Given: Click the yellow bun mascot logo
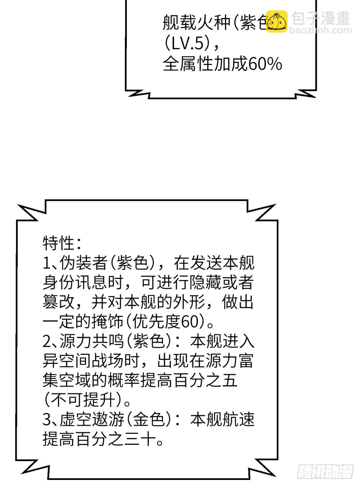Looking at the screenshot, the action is click(277, 21).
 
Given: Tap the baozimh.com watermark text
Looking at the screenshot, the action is click(320, 30).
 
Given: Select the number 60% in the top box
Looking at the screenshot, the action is click(265, 64).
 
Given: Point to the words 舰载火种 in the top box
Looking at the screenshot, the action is click(196, 22).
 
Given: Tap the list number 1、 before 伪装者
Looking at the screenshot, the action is click(51, 263).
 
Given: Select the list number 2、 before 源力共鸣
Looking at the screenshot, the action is click(51, 342).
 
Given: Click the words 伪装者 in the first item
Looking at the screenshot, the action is click(83, 263).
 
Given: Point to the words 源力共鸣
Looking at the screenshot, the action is click(91, 342).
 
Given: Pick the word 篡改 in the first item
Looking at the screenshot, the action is click(58, 302).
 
